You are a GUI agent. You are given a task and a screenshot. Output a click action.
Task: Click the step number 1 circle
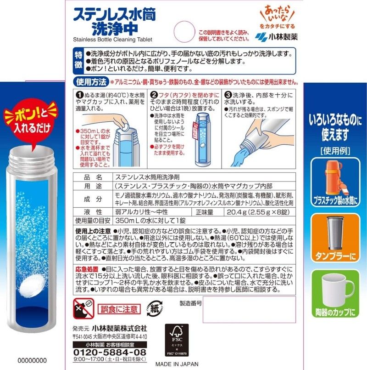click(79, 95)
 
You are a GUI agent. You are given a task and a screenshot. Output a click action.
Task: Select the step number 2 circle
click(154, 95)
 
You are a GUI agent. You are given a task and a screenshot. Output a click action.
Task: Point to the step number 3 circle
click(228, 95)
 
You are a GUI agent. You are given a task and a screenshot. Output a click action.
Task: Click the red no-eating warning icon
click(83, 308)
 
